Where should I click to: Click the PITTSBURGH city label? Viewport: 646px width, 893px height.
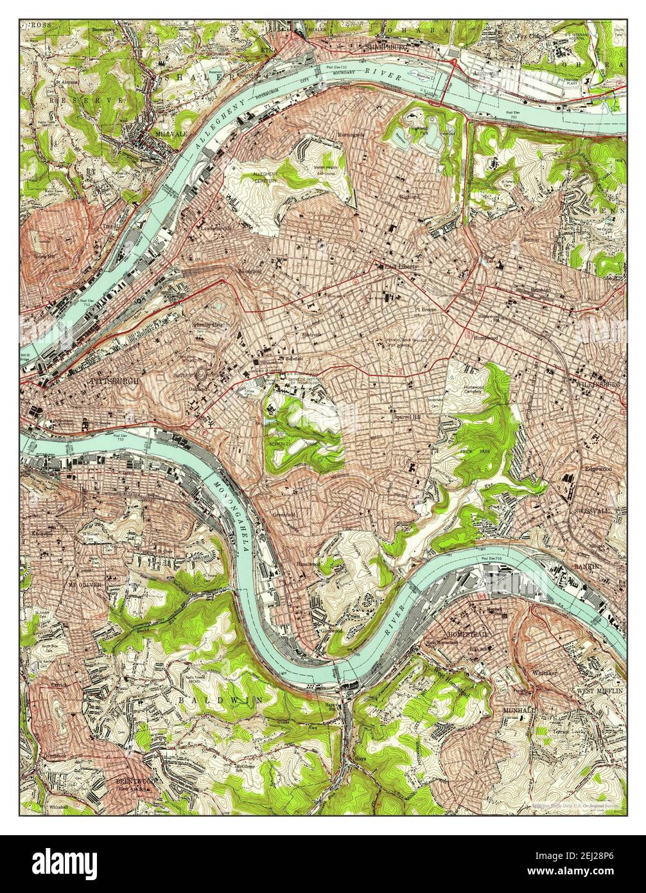(x=115, y=381)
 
